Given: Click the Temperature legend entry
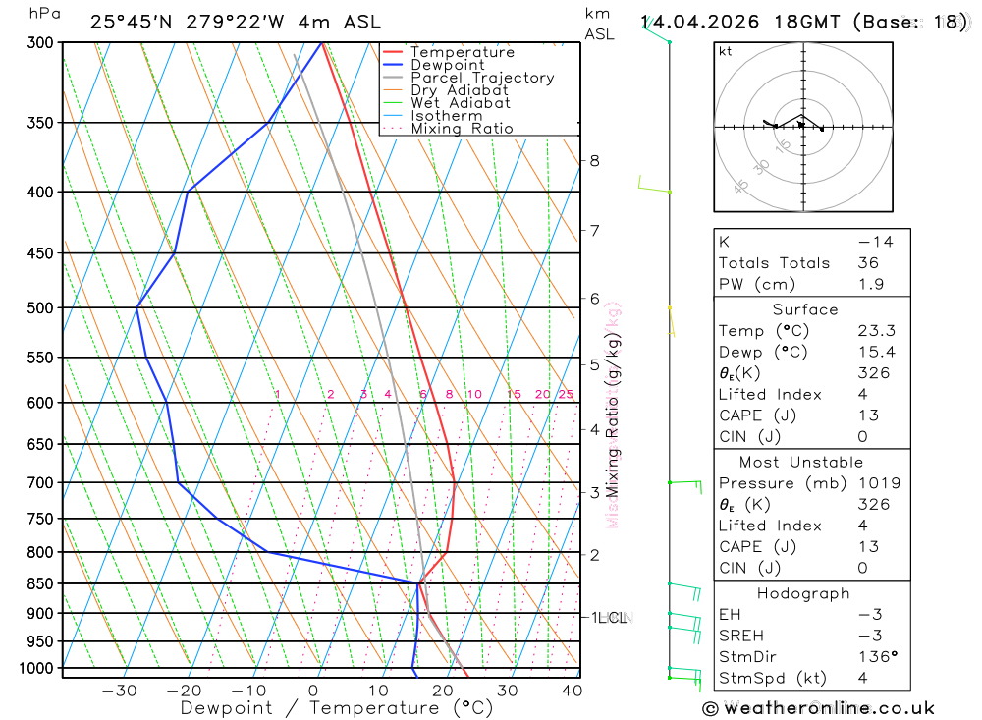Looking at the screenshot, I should coord(462,52).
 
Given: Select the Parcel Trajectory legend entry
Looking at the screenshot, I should coord(481,78).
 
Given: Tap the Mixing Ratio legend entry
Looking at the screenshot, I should coord(462,128).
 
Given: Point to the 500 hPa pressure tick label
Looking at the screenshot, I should coord(40,307).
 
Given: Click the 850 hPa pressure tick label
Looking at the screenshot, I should coord(40,583).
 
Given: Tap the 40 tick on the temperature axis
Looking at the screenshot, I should coord(573,691).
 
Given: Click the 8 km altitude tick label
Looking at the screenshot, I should coord(594,160).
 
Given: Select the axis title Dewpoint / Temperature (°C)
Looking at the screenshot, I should coord(336,707).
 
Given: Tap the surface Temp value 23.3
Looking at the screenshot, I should coord(876,331).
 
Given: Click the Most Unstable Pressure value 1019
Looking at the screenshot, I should coord(874,483).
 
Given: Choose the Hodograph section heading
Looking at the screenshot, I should coord(803,593).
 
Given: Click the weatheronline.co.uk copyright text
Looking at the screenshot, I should coord(818,708).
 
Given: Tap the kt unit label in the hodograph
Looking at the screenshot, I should coord(726,51).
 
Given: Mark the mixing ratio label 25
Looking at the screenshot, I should coord(566,395).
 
